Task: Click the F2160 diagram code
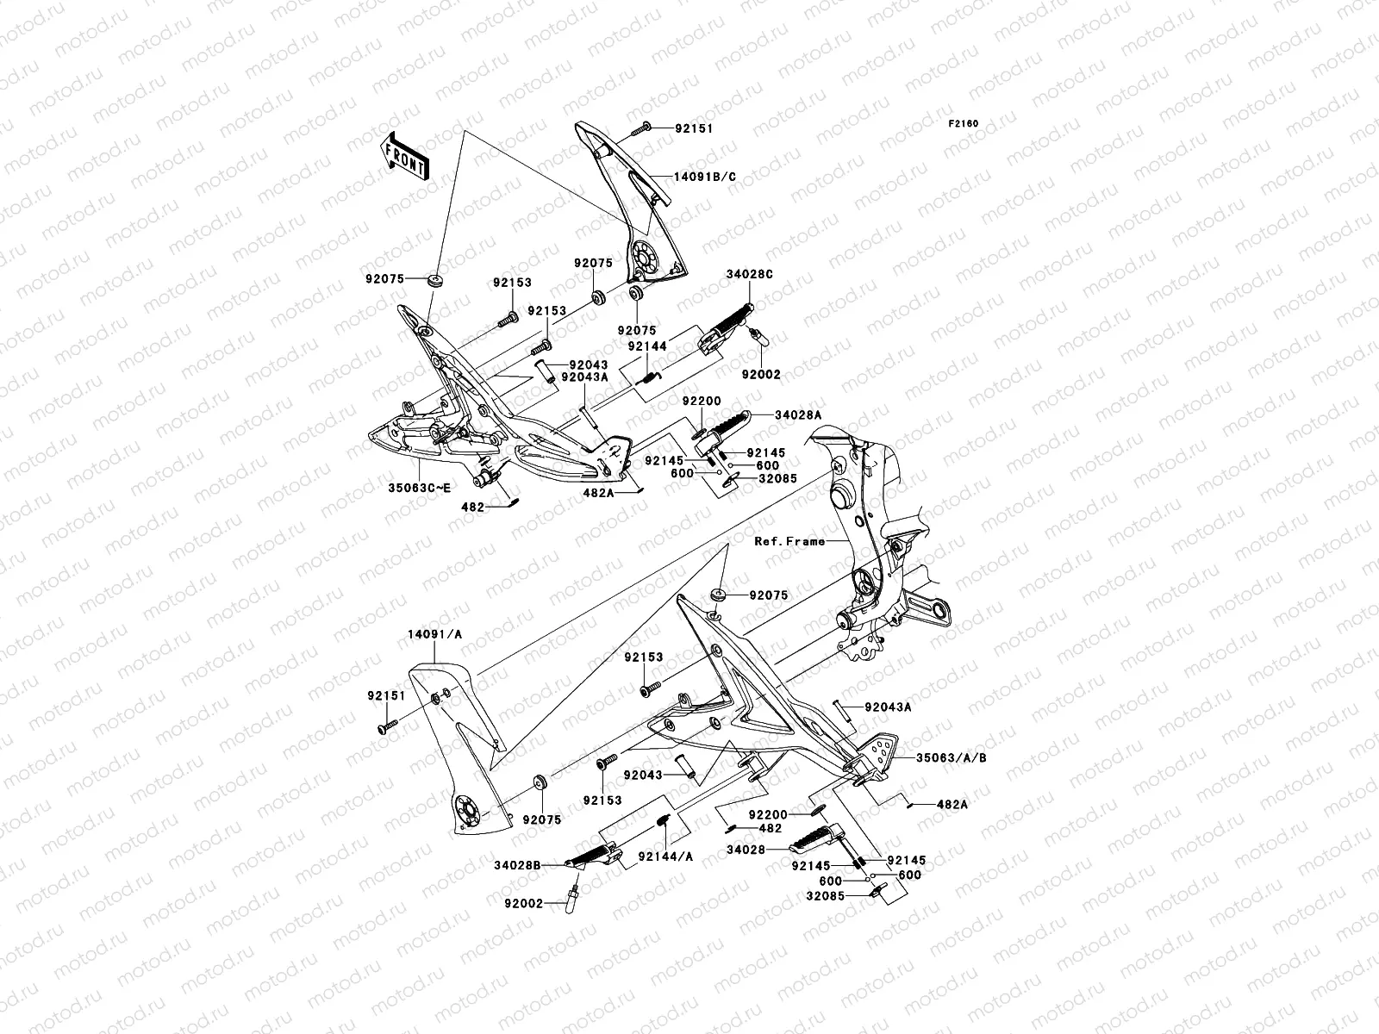[964, 124]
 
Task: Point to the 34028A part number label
[797, 414]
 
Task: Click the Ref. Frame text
[789, 541]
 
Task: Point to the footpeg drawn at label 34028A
[724, 428]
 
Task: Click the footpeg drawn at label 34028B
[597, 856]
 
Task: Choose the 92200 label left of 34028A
[697, 402]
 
